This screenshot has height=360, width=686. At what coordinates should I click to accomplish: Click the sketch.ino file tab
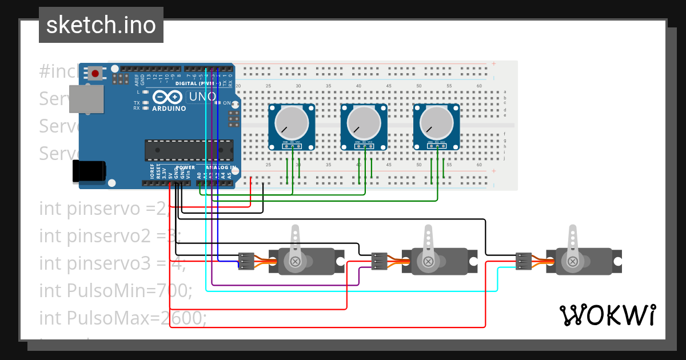[x=101, y=25]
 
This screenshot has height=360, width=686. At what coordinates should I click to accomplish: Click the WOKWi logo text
[x=607, y=315]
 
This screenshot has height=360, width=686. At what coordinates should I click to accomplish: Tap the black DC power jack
[x=89, y=171]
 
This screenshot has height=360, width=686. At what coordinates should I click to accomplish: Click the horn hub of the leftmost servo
[x=295, y=262]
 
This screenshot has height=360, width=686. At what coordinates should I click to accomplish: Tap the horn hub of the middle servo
[x=427, y=262]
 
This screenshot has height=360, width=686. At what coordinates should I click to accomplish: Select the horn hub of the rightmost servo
[x=572, y=261]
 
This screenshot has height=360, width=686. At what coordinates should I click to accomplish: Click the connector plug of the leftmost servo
[x=246, y=261]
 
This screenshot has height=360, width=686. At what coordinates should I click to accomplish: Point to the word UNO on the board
[x=202, y=97]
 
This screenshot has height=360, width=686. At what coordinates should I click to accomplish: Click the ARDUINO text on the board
[x=169, y=108]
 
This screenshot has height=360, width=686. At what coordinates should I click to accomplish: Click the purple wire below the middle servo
[x=286, y=284]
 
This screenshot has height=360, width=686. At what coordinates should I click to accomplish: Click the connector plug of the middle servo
[x=379, y=261]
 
